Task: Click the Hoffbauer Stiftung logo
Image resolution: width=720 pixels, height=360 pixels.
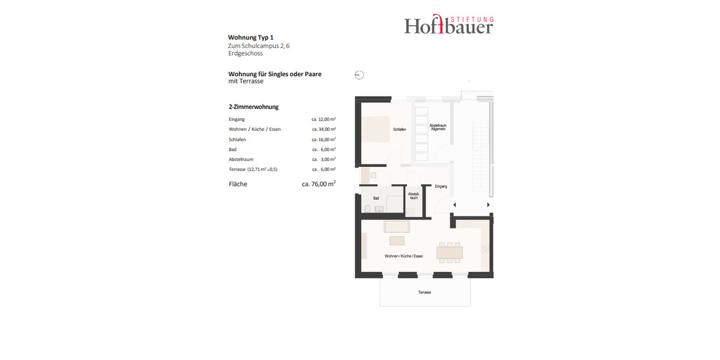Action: click(x=448, y=25)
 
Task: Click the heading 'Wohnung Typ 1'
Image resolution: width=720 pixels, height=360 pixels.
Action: click(x=251, y=37)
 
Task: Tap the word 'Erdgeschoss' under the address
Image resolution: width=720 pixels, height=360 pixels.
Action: click(x=245, y=53)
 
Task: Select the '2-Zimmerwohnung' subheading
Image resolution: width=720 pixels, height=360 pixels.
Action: click(x=253, y=107)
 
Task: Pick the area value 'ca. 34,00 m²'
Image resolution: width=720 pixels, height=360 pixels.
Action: click(x=323, y=129)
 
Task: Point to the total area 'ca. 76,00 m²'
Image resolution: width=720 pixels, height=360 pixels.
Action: click(x=319, y=184)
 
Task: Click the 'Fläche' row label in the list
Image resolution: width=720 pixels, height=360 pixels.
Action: click(x=238, y=184)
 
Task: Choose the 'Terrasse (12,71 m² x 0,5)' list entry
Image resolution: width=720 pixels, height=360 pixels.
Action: click(x=253, y=170)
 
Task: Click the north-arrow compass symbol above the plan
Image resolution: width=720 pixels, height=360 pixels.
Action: click(x=359, y=75)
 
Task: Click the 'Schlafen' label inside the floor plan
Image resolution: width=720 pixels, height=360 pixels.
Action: click(x=400, y=130)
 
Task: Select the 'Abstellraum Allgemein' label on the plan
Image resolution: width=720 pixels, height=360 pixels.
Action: click(x=437, y=127)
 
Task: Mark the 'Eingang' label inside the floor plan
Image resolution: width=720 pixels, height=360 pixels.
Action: click(x=441, y=187)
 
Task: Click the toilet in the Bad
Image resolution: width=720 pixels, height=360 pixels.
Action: click(x=367, y=209)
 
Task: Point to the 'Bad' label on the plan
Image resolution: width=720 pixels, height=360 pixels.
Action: click(x=376, y=198)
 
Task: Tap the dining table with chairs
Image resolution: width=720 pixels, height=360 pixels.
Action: click(x=449, y=252)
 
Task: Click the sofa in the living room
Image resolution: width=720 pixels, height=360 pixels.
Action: click(x=397, y=227)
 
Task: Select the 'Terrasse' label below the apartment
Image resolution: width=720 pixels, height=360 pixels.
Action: click(x=425, y=292)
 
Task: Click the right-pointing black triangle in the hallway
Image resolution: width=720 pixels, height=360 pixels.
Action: click(x=488, y=205)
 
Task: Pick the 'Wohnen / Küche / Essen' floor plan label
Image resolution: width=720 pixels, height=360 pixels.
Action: click(x=404, y=256)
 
